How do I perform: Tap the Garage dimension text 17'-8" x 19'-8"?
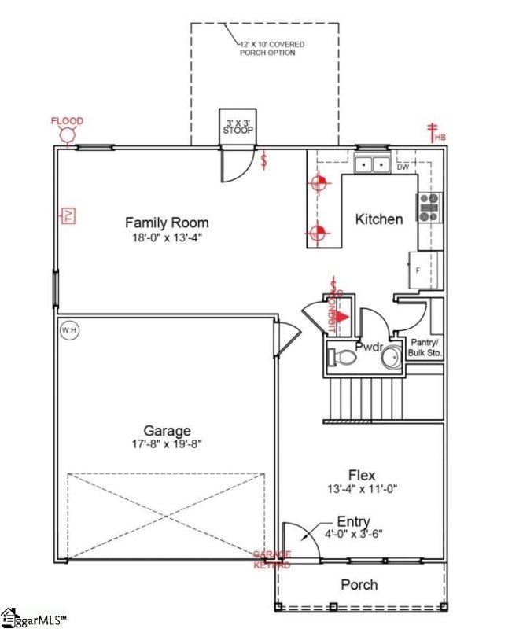[x=167, y=445]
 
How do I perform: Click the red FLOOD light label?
[x=67, y=121]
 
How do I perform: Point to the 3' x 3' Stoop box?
[x=237, y=126]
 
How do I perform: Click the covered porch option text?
[x=267, y=49]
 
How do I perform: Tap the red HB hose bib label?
[x=440, y=138]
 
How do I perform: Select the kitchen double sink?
[x=373, y=164]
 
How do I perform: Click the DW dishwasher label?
[x=403, y=167]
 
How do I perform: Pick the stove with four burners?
[x=429, y=208]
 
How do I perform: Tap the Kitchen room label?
[x=379, y=219]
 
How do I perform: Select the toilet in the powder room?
[x=342, y=359]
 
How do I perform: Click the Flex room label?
[x=362, y=475]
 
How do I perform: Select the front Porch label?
[x=359, y=584]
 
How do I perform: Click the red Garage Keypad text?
[x=272, y=559]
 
